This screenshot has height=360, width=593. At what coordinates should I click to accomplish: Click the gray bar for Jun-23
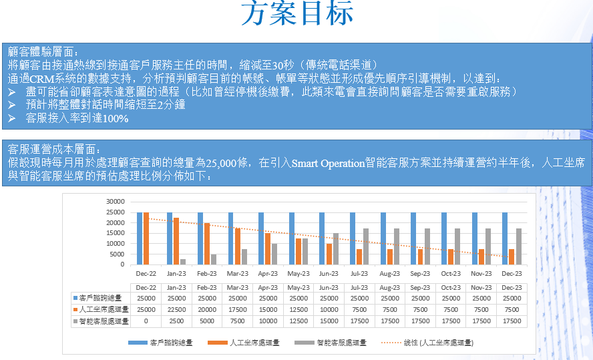(x=336, y=248)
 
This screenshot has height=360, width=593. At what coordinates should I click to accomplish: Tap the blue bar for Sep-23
(x=413, y=238)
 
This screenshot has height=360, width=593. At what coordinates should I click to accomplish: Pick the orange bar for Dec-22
(x=146, y=238)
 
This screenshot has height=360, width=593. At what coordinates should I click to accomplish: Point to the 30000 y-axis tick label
(x=116, y=201)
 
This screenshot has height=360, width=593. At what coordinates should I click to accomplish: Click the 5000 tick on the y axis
(x=118, y=254)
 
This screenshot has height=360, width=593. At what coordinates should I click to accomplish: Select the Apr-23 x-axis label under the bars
(x=268, y=274)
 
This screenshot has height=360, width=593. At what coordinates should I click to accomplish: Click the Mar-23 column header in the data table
(x=237, y=287)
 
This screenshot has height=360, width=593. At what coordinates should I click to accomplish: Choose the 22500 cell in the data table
(x=176, y=309)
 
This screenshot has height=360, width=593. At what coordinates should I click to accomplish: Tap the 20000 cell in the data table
(x=207, y=309)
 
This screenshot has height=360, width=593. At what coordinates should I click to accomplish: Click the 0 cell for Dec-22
(x=146, y=321)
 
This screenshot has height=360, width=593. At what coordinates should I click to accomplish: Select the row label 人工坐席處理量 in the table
(x=104, y=309)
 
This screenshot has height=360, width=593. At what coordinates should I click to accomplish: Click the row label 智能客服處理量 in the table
(x=104, y=321)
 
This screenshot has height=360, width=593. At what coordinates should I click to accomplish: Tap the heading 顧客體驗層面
(x=43, y=51)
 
